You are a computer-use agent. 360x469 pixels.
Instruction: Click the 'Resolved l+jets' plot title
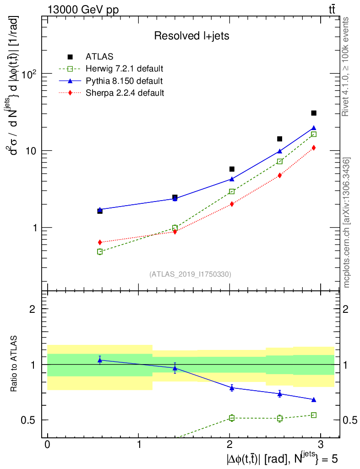coord(191,36)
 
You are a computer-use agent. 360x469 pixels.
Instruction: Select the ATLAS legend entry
coord(96,57)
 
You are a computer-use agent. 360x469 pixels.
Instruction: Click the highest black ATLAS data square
coord(314,113)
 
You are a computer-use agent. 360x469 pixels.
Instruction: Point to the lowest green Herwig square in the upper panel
coord(100,251)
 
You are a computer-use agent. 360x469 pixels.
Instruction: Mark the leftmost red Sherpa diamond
coord(100,242)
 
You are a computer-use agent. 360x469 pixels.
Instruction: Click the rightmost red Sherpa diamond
coord(314,147)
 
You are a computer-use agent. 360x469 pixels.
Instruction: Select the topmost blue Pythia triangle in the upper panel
coord(314,128)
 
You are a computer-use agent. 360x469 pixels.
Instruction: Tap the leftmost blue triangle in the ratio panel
coord(100,360)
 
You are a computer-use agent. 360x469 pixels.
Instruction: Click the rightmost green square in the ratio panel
coord(314,415)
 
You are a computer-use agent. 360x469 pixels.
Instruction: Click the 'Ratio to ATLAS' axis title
coord(15,364)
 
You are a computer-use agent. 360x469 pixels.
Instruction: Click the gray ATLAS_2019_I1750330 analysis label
coord(190,274)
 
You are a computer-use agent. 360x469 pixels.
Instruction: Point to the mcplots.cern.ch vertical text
coord(347,223)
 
